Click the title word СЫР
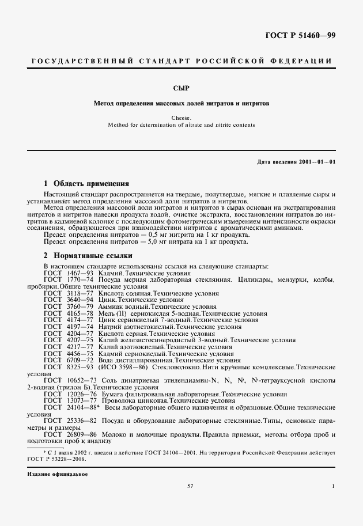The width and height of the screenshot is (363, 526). click(x=181, y=88)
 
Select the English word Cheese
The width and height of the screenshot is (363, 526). click(x=181, y=118)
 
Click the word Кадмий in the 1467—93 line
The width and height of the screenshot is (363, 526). click(x=112, y=273)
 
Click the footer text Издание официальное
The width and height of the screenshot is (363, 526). click(x=57, y=474)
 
